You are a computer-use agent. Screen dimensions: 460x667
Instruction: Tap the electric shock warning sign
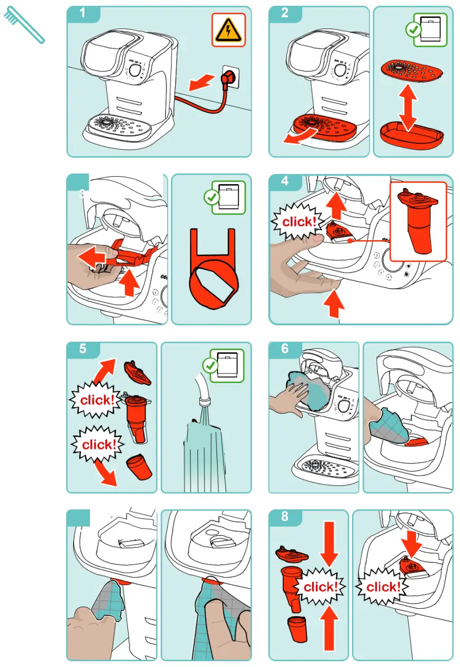click(x=228, y=30)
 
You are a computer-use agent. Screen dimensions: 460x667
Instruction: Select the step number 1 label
click(x=83, y=13)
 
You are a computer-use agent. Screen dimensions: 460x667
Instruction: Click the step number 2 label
click(x=284, y=13)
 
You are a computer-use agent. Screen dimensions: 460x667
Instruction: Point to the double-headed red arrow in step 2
click(x=408, y=108)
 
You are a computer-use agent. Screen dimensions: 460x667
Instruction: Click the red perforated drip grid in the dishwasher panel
click(x=412, y=71)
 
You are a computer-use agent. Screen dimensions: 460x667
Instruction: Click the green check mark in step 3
click(x=212, y=197)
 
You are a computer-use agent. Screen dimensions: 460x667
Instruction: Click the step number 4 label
click(x=284, y=181)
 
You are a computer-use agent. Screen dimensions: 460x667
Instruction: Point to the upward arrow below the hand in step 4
click(x=334, y=304)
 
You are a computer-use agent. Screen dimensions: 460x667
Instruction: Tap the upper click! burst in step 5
click(x=97, y=400)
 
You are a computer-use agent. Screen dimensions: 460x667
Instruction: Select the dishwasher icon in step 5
click(x=228, y=365)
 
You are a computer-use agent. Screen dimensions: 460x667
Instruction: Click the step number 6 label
click(x=284, y=349)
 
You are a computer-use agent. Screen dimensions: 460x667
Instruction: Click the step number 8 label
click(x=284, y=517)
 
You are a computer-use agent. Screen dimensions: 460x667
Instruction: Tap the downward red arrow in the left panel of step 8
click(x=329, y=544)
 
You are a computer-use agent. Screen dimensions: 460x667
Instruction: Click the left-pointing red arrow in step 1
click(x=201, y=83)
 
